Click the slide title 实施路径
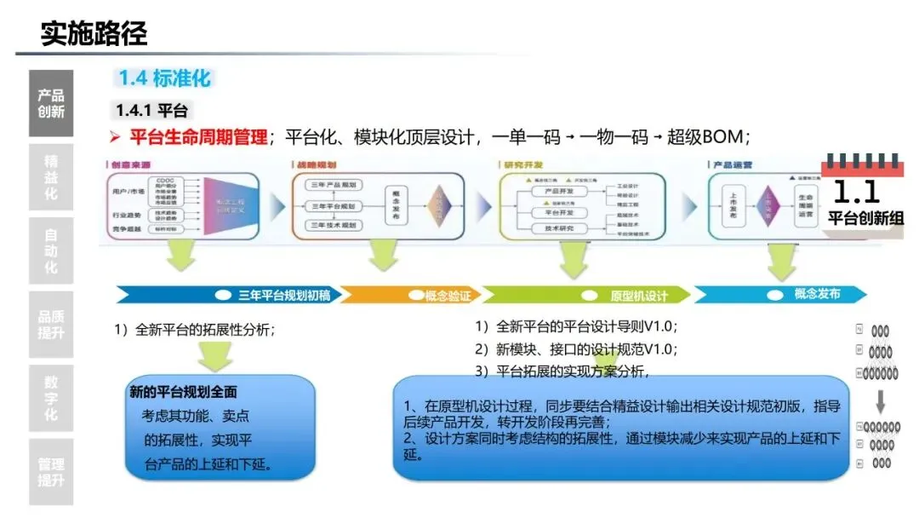click(94, 33)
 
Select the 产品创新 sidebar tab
click(51, 103)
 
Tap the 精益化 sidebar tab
click(51, 177)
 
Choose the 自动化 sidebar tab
click(51, 250)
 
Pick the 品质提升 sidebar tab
click(51, 324)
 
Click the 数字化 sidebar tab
click(51, 398)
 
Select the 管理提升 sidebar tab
click(51, 472)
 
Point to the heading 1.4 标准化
click(163, 78)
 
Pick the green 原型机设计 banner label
click(638, 296)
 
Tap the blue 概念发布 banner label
click(816, 294)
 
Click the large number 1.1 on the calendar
click(855, 191)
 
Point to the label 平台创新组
click(866, 218)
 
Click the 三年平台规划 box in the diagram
click(334, 206)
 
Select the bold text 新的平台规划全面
click(183, 394)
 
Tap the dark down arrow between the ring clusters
click(881, 399)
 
